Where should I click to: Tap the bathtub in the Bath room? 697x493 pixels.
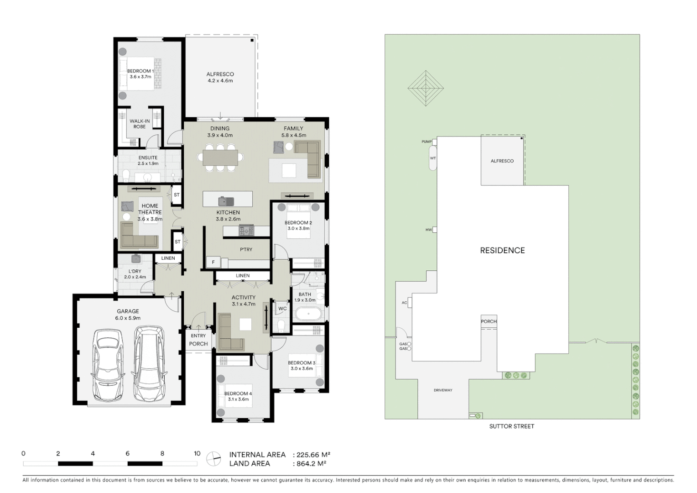pos(308,314)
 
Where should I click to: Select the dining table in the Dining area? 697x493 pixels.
pos(220,157)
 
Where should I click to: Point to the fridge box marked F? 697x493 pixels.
pos(213,262)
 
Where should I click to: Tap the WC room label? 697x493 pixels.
pos(282,309)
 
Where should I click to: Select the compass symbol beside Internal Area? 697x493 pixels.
pos(213,459)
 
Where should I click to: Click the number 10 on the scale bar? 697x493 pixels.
pos(197,453)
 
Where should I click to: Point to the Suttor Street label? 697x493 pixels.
pos(511,426)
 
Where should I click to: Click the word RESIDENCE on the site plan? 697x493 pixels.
pos(502,250)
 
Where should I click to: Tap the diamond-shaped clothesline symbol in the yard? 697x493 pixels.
pos(426,88)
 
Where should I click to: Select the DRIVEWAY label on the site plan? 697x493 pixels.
pos(443,390)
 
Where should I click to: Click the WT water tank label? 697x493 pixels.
pos(433,158)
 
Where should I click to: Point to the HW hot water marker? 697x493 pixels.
pos(429,230)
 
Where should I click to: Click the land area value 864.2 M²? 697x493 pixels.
pos(311,464)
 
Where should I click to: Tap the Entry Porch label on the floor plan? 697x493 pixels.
pos(198,340)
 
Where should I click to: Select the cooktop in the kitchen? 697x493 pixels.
pos(246,231)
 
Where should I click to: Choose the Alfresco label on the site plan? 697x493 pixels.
pos(502,161)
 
